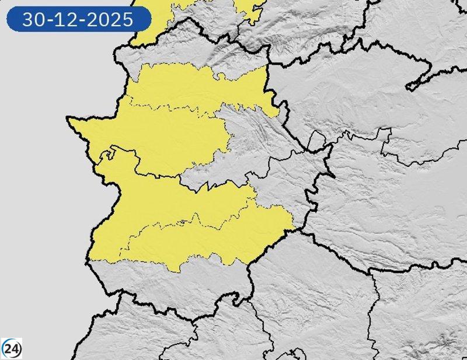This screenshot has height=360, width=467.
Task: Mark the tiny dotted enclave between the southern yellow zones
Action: coord(185,222)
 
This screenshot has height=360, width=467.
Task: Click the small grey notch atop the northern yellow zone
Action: coord(221,75)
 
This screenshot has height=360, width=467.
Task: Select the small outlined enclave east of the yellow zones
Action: coord(317,141)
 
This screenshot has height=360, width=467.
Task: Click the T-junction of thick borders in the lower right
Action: coord(374,270)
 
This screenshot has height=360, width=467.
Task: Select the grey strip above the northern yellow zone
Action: coord(193,50)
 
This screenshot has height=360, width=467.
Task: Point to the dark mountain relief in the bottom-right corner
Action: coord(444,338)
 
